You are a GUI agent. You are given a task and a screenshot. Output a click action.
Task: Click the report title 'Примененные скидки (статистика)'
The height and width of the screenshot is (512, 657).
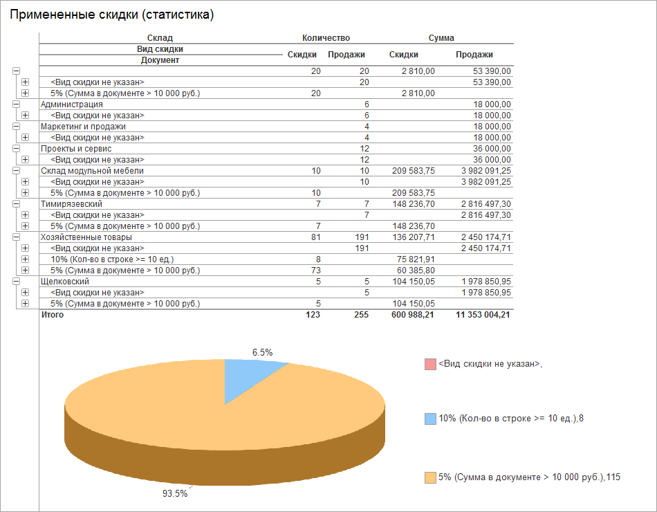click(111, 15)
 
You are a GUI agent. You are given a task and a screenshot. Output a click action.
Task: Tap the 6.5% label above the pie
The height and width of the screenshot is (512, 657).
click(262, 352)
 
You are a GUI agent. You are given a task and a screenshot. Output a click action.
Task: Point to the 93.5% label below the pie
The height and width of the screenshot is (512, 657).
click(174, 493)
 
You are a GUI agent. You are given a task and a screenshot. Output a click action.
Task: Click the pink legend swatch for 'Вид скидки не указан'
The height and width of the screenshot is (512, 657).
click(430, 364)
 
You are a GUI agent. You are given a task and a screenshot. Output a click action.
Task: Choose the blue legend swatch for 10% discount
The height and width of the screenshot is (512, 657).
click(430, 419)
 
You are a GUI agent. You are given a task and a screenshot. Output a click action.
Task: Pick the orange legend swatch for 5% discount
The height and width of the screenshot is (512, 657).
click(430, 477)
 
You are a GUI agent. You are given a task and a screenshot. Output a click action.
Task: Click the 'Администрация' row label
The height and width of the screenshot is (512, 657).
click(72, 104)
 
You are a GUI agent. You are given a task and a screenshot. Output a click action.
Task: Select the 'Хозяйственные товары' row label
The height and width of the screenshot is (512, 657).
click(86, 237)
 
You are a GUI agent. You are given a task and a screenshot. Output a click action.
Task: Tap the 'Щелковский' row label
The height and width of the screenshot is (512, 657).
click(65, 282)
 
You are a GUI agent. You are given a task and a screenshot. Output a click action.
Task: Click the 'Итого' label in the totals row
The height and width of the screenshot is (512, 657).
click(53, 315)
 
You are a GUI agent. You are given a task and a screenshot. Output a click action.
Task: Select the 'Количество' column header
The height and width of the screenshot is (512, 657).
click(326, 38)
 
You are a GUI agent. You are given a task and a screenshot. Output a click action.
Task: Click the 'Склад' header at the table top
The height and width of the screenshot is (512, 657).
click(160, 38)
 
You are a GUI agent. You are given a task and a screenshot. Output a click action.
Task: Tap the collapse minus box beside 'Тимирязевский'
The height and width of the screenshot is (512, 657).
click(16, 204)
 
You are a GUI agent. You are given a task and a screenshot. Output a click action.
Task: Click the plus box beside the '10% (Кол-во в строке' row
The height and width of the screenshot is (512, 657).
click(26, 259)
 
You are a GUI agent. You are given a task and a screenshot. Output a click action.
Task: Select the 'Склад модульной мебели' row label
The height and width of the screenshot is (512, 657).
click(93, 171)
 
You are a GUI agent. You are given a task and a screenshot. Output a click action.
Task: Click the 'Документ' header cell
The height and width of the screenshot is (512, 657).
click(160, 60)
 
